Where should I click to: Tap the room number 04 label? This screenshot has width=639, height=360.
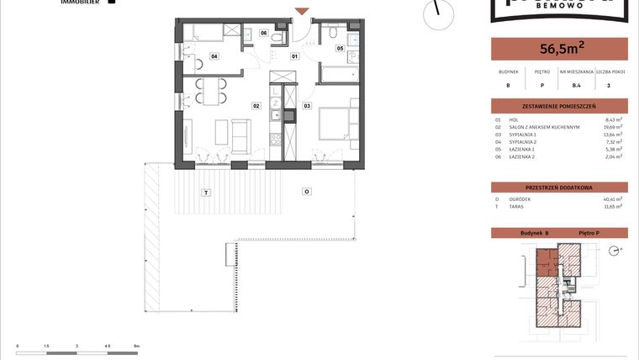(214, 57)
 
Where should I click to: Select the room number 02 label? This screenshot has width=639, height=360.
(256, 106)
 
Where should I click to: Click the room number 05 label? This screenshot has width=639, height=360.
(341, 49)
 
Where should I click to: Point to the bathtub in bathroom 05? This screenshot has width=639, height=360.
(337, 75)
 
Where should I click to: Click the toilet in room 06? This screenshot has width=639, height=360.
(249, 33)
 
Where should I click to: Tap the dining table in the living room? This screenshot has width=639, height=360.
(211, 91)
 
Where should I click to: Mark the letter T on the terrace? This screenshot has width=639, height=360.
(204, 193)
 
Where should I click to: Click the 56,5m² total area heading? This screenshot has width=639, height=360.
(557, 49)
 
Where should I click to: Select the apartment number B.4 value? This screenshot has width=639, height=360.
(577, 85)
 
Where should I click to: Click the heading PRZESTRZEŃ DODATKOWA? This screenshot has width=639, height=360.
(557, 187)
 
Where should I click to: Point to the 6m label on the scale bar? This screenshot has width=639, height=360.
(136, 346)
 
